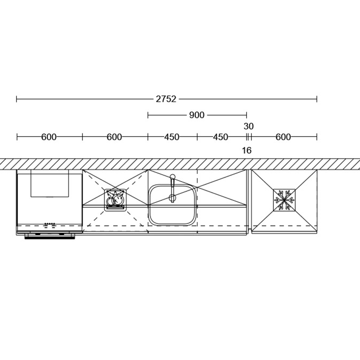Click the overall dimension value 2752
click(x=166, y=99)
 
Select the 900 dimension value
click(x=197, y=115)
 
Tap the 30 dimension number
click(x=249, y=126)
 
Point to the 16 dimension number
click(x=247, y=151)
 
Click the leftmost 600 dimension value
click(x=49, y=137)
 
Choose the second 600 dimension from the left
click(x=114, y=137)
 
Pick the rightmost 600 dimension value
click(x=283, y=137)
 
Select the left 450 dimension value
click(x=172, y=137)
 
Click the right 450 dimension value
click(x=221, y=137)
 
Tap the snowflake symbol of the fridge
click(x=284, y=200)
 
